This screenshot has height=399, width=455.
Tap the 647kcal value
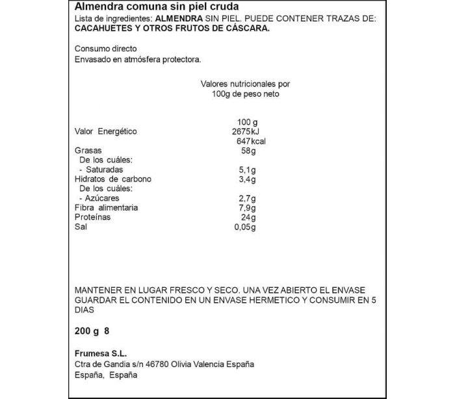(x=251, y=142)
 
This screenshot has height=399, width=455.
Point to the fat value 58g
(x=247, y=151)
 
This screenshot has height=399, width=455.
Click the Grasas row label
(x=88, y=151)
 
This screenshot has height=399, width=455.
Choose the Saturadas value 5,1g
(x=247, y=170)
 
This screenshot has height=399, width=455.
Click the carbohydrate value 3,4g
(x=247, y=179)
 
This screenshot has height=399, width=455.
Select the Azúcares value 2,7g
(x=247, y=198)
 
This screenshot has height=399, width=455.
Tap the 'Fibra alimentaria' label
(x=106, y=208)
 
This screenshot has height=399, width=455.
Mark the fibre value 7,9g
(x=247, y=208)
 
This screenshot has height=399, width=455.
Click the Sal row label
(x=81, y=227)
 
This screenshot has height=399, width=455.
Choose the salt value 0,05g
(x=245, y=227)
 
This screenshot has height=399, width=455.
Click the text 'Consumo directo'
(x=106, y=49)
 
